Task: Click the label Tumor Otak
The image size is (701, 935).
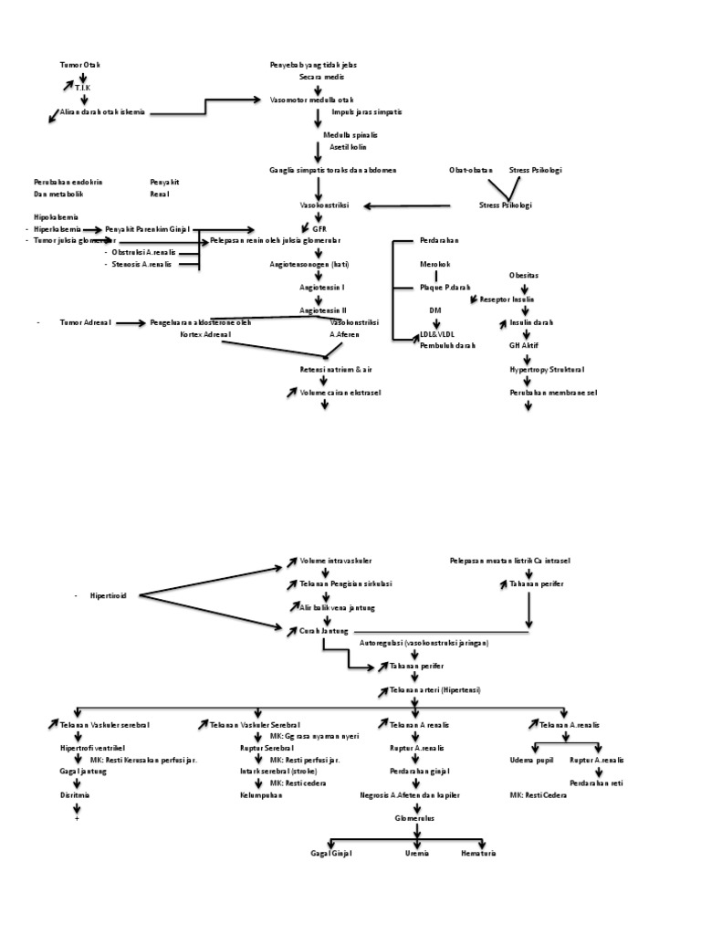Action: click(80, 66)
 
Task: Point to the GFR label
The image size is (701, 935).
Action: click(319, 228)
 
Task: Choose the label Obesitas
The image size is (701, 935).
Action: click(523, 275)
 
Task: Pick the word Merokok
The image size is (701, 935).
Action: click(434, 264)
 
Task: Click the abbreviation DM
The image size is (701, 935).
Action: click(435, 310)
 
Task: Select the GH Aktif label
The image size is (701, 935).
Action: click(523, 346)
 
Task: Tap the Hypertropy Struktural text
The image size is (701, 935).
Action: click(547, 370)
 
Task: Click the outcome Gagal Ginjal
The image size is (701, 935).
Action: click(331, 853)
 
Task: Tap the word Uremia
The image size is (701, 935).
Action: click(417, 853)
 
